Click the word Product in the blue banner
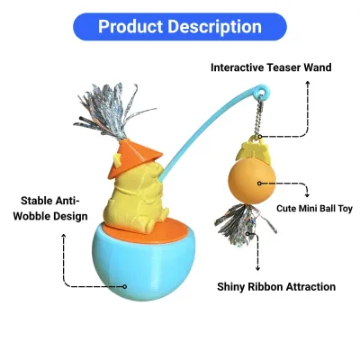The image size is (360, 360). (130, 26)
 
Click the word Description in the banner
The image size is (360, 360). (215, 27)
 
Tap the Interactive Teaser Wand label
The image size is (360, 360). (271, 67)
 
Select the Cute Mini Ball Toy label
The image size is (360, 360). (314, 209)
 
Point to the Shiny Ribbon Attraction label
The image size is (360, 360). (276, 287)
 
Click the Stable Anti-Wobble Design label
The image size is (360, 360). (50, 209)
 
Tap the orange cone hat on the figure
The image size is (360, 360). (133, 157)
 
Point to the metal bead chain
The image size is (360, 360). (260, 116)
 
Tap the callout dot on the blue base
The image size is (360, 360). (125, 286)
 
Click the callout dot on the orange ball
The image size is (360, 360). (259, 183)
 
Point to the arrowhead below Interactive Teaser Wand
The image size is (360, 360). (307, 83)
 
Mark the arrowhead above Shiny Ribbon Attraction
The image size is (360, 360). (257, 268)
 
